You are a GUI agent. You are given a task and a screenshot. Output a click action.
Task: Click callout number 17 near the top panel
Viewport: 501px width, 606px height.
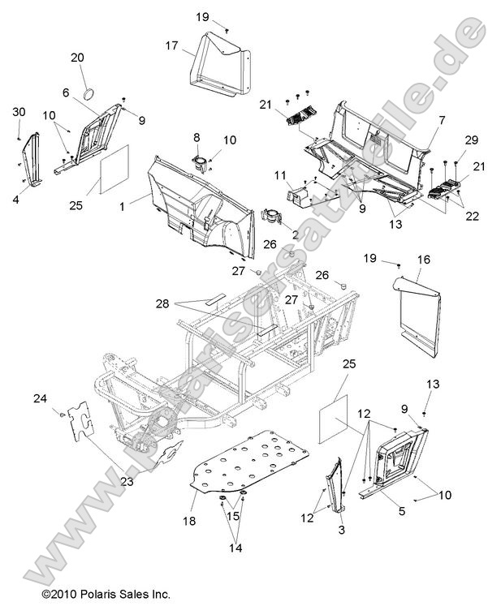click(x=172, y=46)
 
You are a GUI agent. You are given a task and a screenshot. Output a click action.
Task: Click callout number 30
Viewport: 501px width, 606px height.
click(x=19, y=111)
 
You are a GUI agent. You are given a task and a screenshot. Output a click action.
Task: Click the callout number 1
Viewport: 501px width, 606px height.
click(x=122, y=208)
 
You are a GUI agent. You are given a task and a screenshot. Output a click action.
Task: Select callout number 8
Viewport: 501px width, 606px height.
click(x=197, y=137)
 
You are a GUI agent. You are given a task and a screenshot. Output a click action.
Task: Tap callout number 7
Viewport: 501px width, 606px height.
click(x=442, y=120)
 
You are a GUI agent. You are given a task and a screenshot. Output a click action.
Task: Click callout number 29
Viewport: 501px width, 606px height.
click(x=472, y=140)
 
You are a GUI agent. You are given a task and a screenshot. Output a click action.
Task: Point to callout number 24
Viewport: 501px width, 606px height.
click(x=40, y=398)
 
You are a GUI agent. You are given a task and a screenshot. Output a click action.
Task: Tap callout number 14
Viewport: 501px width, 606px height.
click(x=235, y=548)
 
